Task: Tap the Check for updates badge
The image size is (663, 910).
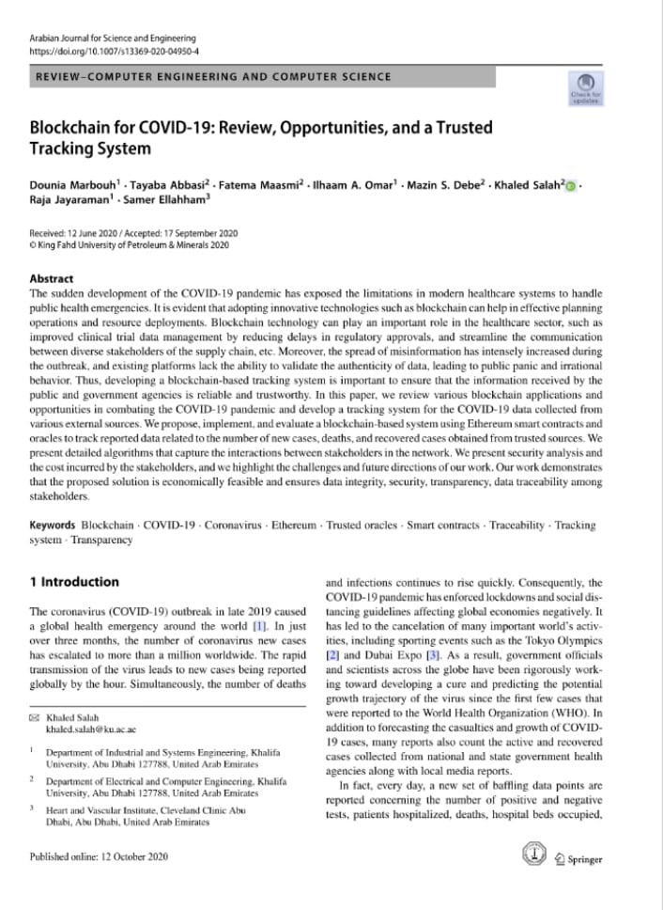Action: [x=585, y=88]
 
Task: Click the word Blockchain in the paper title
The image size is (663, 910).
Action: [x=73, y=127]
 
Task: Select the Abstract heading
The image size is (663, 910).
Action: [x=52, y=279]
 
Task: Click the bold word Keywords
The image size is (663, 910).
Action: [x=54, y=525]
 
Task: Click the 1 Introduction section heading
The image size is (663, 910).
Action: [x=74, y=582]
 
